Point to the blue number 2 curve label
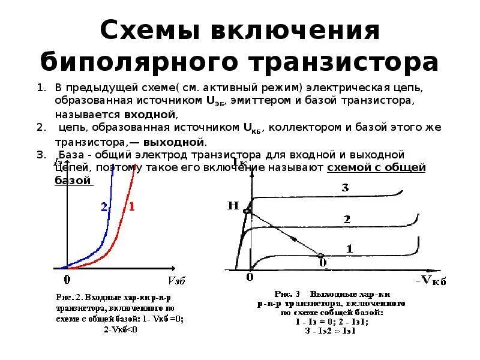(104, 207)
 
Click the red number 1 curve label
(131, 207)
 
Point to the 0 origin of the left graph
(67, 279)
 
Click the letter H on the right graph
(233, 206)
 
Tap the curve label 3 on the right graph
(345, 188)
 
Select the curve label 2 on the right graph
(346, 220)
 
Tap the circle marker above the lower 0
(322, 255)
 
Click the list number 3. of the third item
(41, 155)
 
